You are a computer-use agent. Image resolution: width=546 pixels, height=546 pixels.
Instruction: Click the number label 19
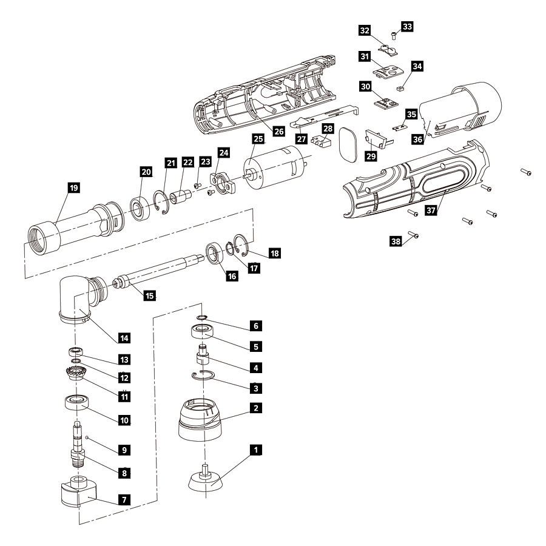click(x=73, y=188)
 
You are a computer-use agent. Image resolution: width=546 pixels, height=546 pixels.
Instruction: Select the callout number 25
click(x=258, y=139)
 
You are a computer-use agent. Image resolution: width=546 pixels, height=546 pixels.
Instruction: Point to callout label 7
click(x=124, y=500)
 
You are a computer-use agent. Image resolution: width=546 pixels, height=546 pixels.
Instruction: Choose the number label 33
click(x=407, y=27)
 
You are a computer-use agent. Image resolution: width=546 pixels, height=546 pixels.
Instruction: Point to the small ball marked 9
click(x=87, y=437)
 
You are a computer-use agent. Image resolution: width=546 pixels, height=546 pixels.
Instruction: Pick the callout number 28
click(x=328, y=128)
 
